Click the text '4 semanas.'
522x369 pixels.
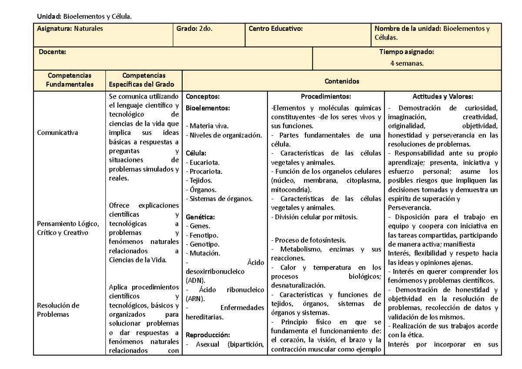[x=407, y=64]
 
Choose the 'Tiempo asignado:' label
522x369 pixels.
[x=407, y=52]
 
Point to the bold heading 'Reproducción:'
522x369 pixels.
[x=207, y=335]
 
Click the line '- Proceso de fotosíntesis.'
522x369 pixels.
[x=308, y=240]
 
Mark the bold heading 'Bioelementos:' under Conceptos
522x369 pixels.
[x=207, y=107]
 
